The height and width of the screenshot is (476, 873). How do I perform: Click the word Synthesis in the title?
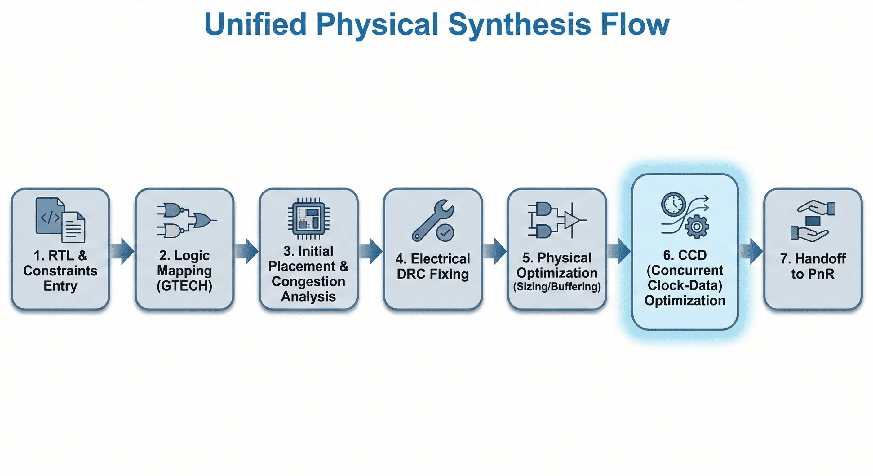click(520, 24)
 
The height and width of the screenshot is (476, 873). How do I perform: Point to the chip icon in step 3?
click(308, 218)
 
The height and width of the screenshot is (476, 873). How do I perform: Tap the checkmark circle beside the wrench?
click(445, 232)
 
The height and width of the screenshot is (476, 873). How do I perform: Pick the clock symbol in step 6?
click(673, 204)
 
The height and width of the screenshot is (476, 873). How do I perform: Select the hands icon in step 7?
click(813, 221)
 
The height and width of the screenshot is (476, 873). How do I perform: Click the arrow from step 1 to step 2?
click(122, 251)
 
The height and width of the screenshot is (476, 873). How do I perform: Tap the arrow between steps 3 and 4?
click(371, 251)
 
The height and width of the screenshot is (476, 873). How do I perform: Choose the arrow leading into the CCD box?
click(619, 251)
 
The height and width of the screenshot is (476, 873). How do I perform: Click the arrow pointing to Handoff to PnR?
click(751, 251)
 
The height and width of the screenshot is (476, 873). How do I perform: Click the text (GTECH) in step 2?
click(184, 286)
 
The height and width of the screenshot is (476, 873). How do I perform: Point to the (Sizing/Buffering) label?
click(557, 287)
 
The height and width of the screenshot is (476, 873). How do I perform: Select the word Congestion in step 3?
click(308, 281)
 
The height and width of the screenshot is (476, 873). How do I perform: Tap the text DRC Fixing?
click(432, 274)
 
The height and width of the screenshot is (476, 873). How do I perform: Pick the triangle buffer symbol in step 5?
click(572, 221)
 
